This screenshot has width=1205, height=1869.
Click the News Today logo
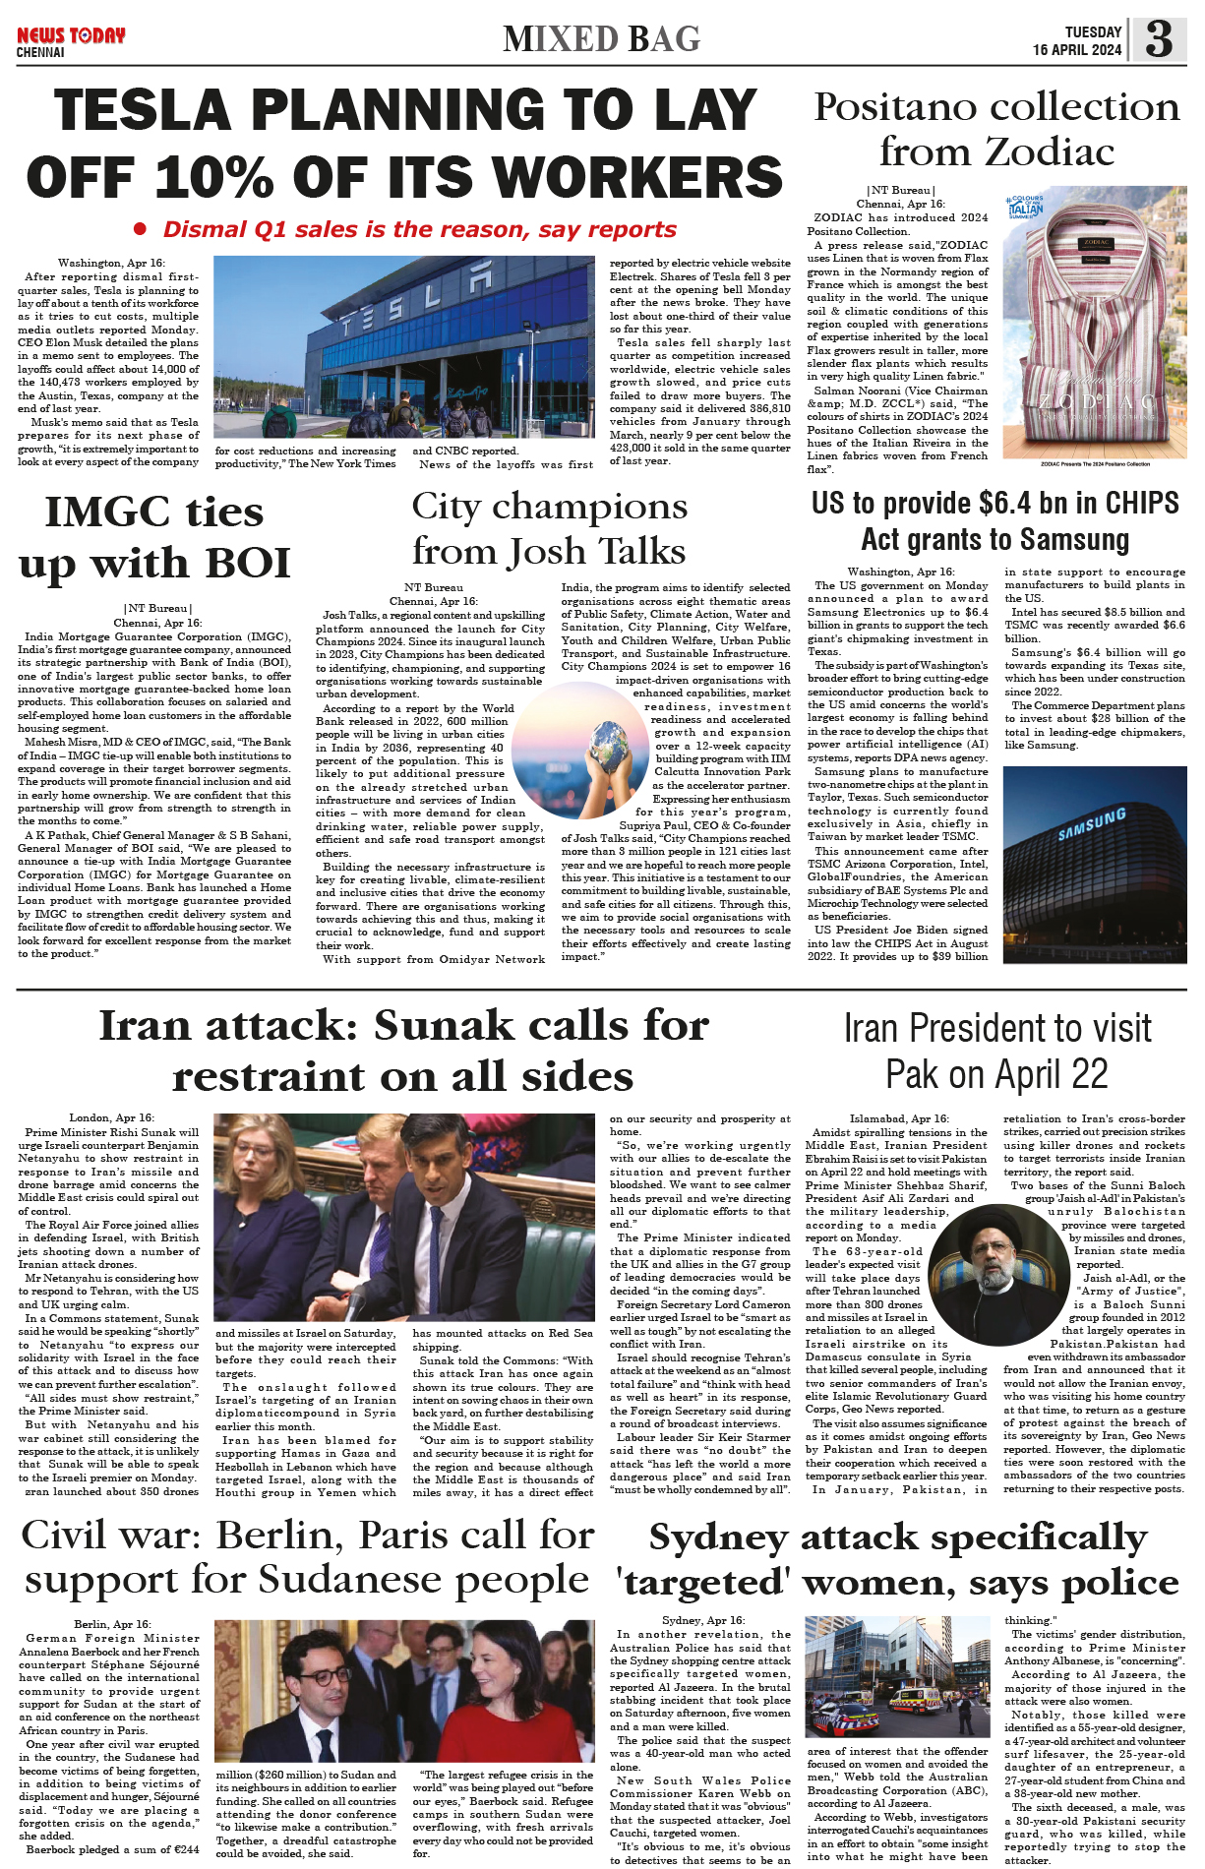point(71,36)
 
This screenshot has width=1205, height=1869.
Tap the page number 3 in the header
point(1159,39)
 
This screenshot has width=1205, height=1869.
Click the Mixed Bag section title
point(601,39)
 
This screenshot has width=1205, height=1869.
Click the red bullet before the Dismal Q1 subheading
point(140,229)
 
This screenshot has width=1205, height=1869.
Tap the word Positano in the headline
point(898,106)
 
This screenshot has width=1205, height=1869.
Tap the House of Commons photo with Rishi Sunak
point(403,1216)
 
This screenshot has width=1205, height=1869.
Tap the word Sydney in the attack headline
point(718,1537)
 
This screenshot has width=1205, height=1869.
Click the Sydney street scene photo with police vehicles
point(897,1676)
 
